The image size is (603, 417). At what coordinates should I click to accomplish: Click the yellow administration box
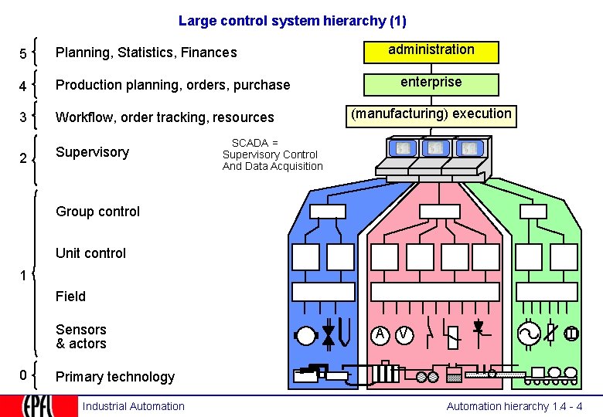click(x=431, y=51)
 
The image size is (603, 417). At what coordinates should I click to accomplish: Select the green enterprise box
click(x=431, y=83)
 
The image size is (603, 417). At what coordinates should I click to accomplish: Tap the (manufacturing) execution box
click(x=431, y=115)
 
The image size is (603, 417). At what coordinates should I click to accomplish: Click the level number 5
click(x=23, y=54)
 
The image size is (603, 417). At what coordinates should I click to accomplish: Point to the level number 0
click(x=23, y=375)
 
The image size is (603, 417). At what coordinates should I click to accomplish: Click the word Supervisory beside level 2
click(x=92, y=152)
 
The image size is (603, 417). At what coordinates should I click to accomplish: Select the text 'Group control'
click(x=98, y=212)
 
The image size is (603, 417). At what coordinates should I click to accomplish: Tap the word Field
click(x=70, y=297)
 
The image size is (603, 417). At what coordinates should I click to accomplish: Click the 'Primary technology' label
click(x=115, y=377)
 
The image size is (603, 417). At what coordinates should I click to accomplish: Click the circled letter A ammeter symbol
click(x=380, y=334)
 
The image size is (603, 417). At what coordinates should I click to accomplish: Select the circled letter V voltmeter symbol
click(x=404, y=334)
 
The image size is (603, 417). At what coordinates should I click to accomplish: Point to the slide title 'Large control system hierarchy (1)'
click(x=292, y=21)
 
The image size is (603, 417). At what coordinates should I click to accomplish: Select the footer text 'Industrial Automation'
click(x=134, y=406)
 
